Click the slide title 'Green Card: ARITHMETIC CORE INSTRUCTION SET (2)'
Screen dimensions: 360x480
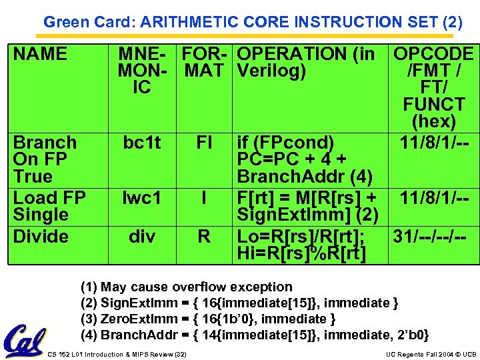[x=253, y=22]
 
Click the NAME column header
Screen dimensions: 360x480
[x=41, y=54]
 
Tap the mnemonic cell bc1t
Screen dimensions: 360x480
[x=141, y=143]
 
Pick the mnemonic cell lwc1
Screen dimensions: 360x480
[x=141, y=198]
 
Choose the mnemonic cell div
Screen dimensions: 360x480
[x=141, y=237]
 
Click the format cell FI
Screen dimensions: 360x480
[x=204, y=143]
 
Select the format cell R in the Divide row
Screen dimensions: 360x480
[x=204, y=237]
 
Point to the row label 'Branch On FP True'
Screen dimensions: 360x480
[x=45, y=159]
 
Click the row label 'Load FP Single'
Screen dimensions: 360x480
[x=49, y=206]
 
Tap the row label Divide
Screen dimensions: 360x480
[x=41, y=237]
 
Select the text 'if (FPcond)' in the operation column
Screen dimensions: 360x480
[x=286, y=143]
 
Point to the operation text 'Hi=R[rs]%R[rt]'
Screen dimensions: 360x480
[x=301, y=254]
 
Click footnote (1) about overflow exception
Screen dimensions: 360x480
[x=187, y=287]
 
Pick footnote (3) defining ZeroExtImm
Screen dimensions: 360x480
[x=208, y=319]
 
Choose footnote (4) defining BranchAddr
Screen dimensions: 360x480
[x=255, y=335]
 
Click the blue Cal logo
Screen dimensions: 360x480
[x=23, y=341]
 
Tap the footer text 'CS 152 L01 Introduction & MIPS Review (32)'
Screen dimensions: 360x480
[x=117, y=354]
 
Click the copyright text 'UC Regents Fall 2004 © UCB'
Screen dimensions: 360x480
[x=430, y=354]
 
